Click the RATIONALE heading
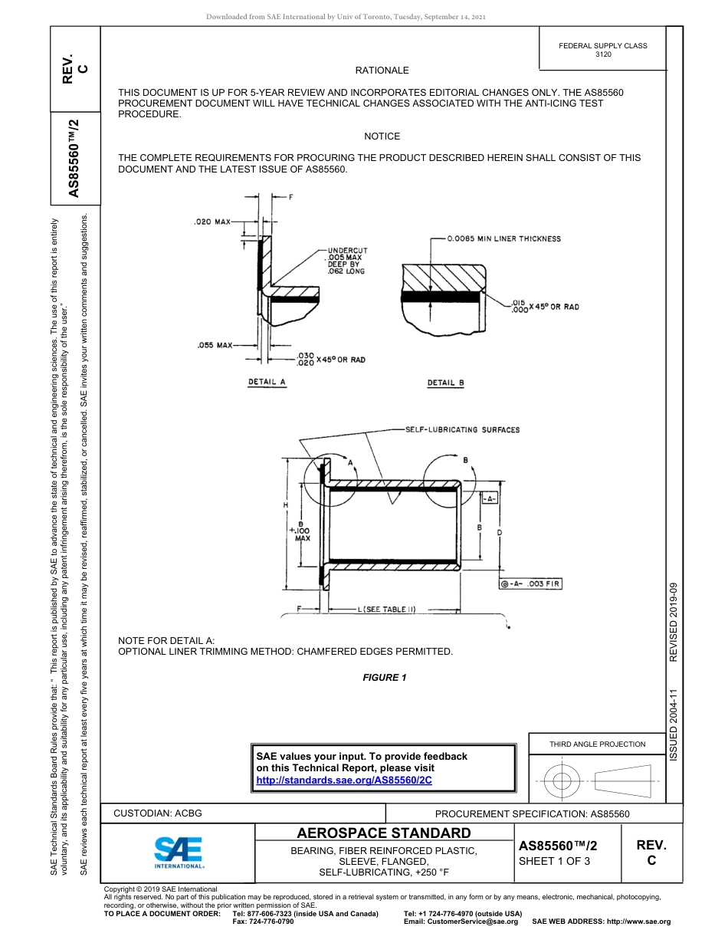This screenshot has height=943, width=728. coord(382,71)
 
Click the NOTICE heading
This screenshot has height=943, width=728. coord(382,136)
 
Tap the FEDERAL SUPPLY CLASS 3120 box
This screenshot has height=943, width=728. coord(602,50)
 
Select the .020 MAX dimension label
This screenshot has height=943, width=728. coord(212,222)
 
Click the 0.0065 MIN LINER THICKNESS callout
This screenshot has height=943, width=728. coord(504,238)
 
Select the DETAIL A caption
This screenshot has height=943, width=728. coord(267,381)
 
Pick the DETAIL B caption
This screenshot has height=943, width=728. coord(446,383)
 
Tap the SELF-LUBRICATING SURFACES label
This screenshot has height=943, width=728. coord(462,429)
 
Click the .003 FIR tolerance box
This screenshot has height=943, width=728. coord(530,584)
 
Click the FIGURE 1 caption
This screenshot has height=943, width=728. coord(385,677)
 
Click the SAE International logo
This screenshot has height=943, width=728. coord(179,852)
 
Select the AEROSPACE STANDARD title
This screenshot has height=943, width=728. coord(384,833)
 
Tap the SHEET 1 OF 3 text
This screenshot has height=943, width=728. coord(555,861)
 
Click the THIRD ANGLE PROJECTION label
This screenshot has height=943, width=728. coord(597,744)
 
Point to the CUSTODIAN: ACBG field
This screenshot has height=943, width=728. coord(158,813)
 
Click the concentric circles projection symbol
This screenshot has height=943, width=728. coord(562,781)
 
